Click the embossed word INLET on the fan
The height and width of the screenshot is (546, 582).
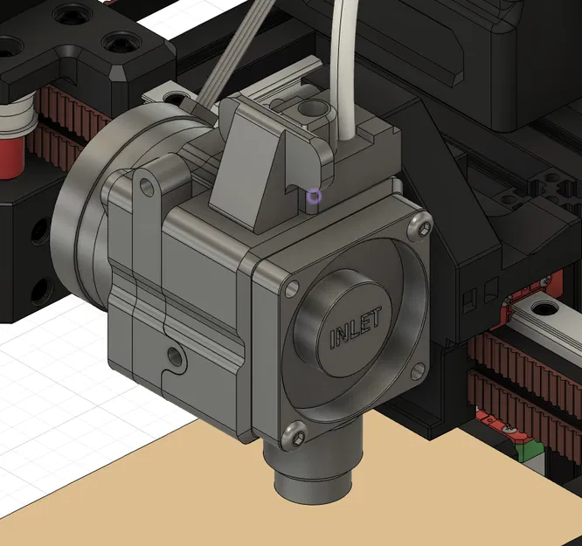(x=356, y=329)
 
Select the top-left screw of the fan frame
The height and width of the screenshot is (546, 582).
(x=291, y=286)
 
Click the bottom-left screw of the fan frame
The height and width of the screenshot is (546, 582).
(x=294, y=431)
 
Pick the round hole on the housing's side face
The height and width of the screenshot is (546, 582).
(x=176, y=356)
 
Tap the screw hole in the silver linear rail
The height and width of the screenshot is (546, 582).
(x=546, y=308)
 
